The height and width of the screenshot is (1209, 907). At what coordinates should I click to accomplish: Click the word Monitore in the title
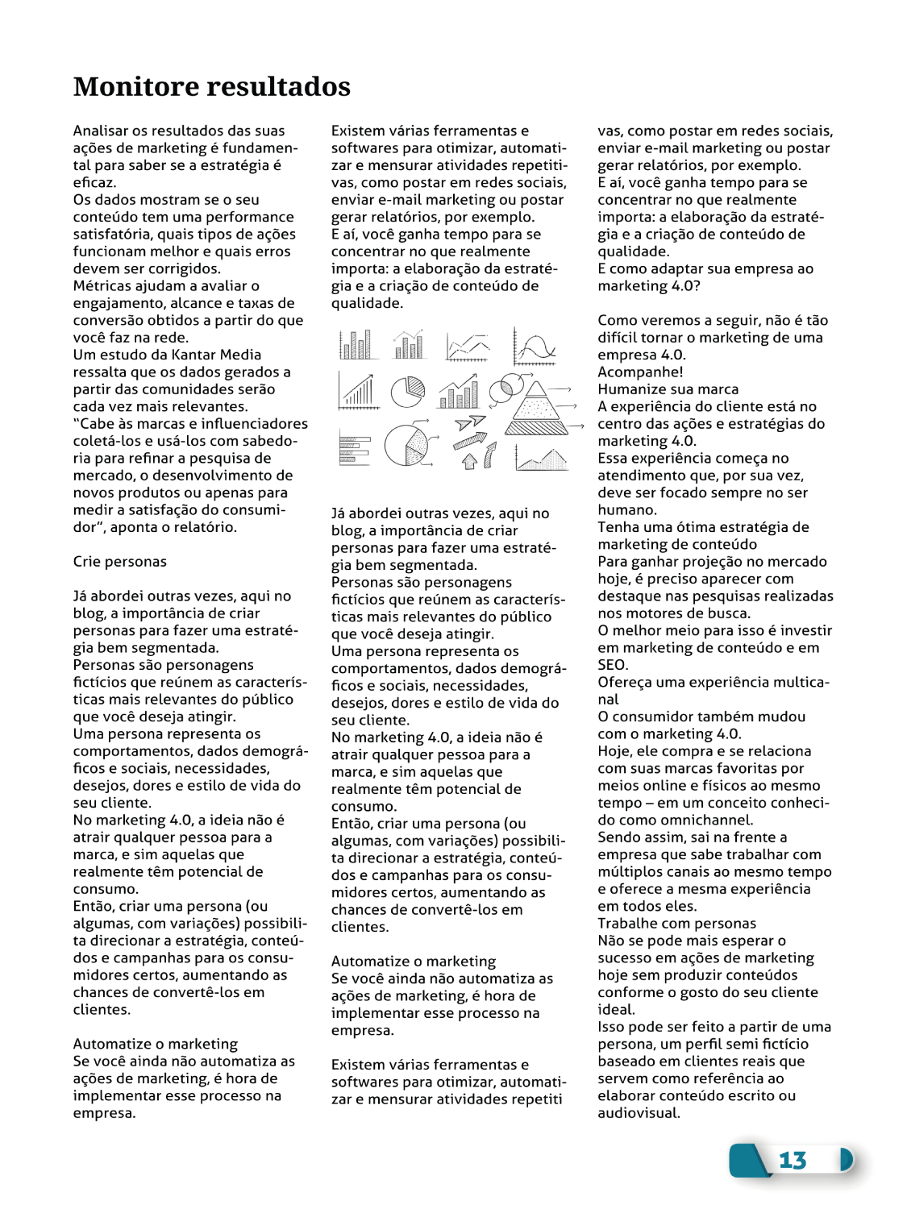132,86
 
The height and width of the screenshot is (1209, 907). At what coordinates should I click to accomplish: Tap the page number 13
792,1160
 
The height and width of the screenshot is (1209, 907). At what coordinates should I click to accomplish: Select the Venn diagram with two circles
505,388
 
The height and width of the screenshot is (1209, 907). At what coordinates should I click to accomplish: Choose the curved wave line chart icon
535,347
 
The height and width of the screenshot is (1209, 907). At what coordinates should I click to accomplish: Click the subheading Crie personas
119,562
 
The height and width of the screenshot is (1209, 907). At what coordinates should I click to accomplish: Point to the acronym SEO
612,665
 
